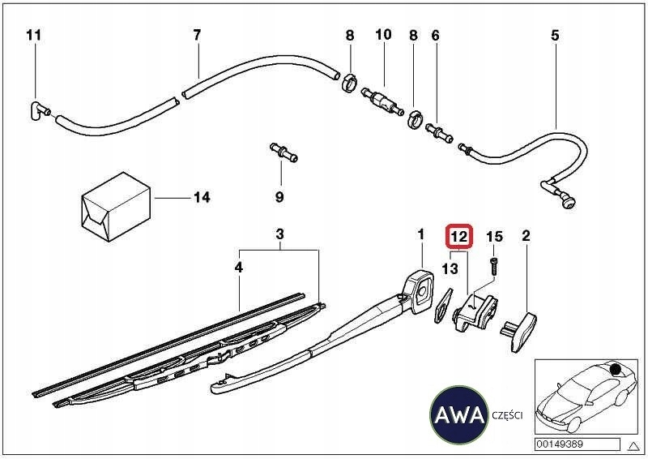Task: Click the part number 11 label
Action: point(32,35)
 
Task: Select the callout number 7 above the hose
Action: point(196,35)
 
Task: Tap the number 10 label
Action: point(383,35)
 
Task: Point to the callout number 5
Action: point(555,35)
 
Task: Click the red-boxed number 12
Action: point(458,237)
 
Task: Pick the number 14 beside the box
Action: point(201,197)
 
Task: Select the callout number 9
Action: point(279,197)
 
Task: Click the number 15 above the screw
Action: point(494,237)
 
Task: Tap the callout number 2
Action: point(526,237)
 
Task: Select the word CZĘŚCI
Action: point(508,415)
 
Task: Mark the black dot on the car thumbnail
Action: point(617,371)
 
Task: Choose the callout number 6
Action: point(435,35)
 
